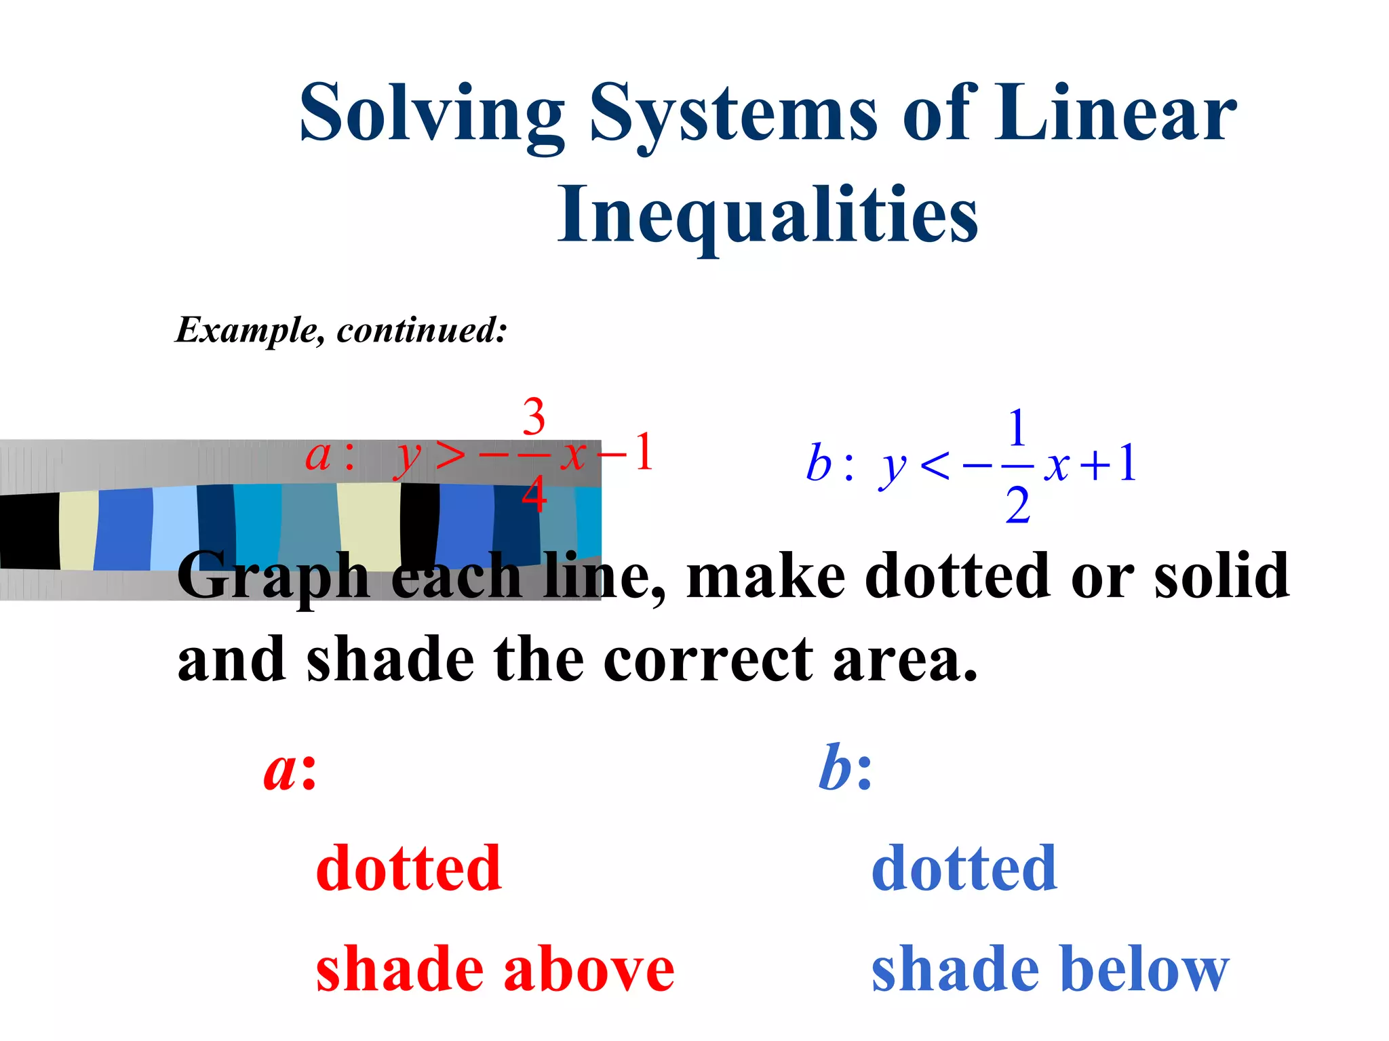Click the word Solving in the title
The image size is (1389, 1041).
click(432, 114)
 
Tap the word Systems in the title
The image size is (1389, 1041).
click(733, 114)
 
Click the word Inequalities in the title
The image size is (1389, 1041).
click(767, 216)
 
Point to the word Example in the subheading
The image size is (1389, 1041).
click(245, 331)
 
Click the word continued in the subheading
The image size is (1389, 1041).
click(421, 331)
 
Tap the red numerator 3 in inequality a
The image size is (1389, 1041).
click(534, 416)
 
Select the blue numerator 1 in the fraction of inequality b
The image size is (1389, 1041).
click(1017, 428)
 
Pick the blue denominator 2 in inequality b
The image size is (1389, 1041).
click(1017, 506)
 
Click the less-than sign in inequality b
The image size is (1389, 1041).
click(936, 466)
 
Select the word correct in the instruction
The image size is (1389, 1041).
click(708, 660)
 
